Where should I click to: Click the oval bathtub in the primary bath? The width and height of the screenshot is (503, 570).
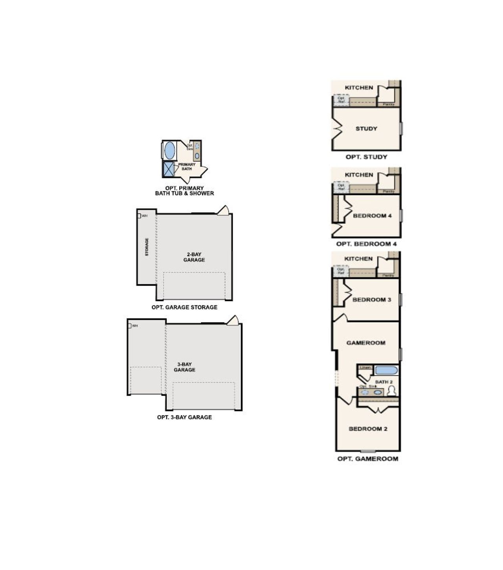pos(170,150)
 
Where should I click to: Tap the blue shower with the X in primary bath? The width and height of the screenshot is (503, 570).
pos(168,169)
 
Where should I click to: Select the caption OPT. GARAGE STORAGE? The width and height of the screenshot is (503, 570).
pos(184,307)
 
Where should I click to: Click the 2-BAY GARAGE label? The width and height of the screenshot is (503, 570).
pos(194,257)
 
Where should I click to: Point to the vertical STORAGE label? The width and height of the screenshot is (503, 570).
pos(147,247)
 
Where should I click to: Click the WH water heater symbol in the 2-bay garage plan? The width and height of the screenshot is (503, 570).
pos(139,216)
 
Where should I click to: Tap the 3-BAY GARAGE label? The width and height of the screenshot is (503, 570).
pos(184,367)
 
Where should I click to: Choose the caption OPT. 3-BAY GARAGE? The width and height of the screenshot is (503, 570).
pos(184,417)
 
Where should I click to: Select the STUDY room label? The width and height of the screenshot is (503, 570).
pos(366,128)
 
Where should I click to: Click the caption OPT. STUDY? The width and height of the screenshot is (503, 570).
pos(366,157)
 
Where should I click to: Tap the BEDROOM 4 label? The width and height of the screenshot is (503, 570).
pos(372,216)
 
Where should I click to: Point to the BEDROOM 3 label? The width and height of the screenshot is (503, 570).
pos(372,299)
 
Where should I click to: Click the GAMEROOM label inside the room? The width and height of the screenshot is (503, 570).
pos(366,343)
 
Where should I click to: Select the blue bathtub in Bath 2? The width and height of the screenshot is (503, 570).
pos(386,370)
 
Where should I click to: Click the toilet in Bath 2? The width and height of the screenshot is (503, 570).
pos(391,390)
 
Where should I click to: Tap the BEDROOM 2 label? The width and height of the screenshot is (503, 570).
pos(368,429)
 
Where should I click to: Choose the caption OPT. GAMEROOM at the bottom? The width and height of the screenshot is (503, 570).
pos(367,458)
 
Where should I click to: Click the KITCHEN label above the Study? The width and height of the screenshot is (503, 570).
pos(359,88)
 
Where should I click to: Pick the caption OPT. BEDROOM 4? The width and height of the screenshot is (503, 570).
pos(366,244)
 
